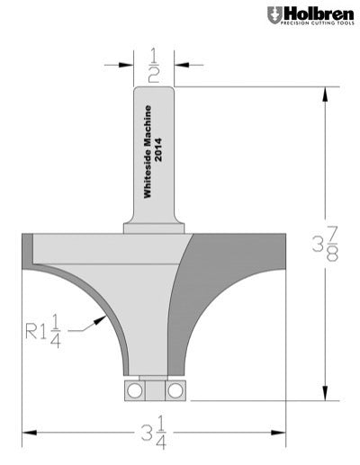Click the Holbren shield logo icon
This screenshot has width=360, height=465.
pyautogui.click(x=274, y=15)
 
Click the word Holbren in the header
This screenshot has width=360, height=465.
pyautogui.click(x=315, y=13)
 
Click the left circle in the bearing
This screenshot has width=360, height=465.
pyautogui.click(x=134, y=389)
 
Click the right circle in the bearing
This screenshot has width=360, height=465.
pyautogui.click(x=174, y=389)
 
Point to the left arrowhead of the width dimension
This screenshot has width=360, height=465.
pyautogui.click(x=28, y=431)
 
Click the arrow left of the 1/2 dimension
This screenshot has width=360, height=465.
pyautogui.click(x=127, y=65)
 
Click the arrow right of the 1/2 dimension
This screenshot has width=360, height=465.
pyautogui.click(x=181, y=65)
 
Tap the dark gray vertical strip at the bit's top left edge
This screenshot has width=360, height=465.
pyautogui.click(x=27, y=247)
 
